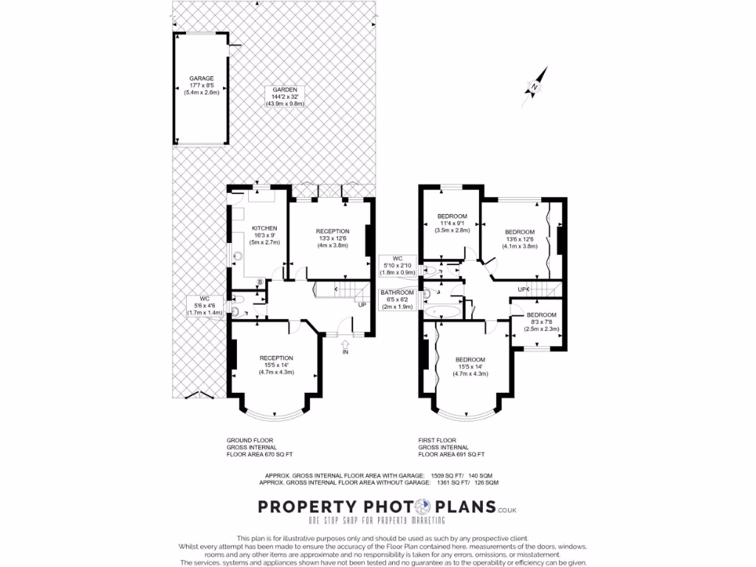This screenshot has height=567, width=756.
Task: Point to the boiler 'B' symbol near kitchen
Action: click(259, 282)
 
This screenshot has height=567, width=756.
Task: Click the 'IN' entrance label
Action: click(345, 352)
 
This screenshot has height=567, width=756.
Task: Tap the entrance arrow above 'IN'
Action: click(345, 343)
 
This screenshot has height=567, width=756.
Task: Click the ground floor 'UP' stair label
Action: click(362, 305)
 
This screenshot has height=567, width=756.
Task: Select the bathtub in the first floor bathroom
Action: click(441, 311)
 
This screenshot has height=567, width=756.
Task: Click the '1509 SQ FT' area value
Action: click(447, 475)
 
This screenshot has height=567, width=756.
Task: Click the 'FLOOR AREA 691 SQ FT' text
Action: click(452, 454)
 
